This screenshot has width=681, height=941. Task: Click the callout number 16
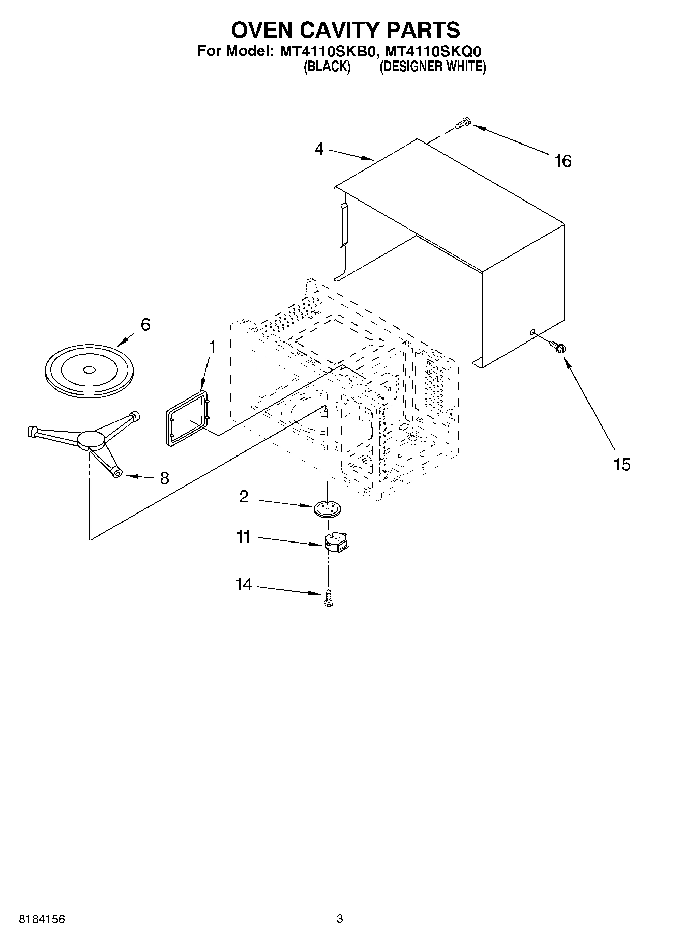coord(563,161)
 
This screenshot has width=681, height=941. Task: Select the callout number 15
coord(621,464)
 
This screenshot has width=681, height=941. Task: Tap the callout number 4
coord(319,149)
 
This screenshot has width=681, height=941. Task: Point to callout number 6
coord(145,324)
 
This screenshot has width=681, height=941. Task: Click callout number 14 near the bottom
coord(244,584)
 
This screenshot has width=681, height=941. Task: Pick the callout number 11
coord(244,537)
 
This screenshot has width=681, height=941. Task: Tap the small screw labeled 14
coord(328,597)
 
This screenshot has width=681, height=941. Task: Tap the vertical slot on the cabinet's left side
coord(343,224)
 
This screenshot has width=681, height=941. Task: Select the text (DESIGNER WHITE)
coord(433,67)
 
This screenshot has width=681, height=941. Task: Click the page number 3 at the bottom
coord(340,918)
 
